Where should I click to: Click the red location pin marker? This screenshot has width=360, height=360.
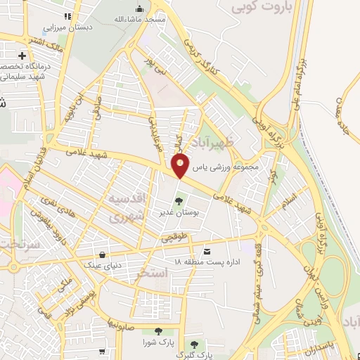tap(181, 165)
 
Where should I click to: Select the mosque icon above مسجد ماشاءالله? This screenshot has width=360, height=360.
tap(139, 9)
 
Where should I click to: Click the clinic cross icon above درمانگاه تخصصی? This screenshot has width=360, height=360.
tap(23, 55)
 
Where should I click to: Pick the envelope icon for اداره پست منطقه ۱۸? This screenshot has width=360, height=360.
tap(207, 251)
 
